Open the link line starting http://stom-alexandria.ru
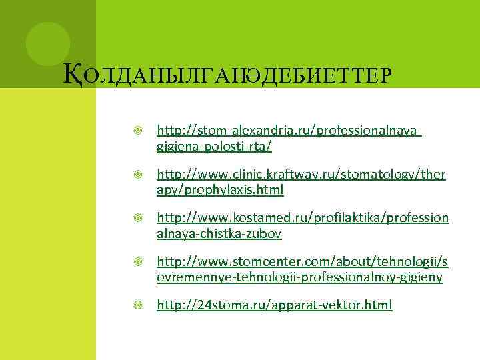(x=289, y=129)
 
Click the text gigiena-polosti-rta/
(x=214, y=145)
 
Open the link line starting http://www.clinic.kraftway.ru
(x=301, y=175)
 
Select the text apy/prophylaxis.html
(x=220, y=190)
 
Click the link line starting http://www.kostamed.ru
(x=303, y=219)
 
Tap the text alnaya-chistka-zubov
(x=219, y=234)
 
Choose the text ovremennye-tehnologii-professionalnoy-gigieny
(x=299, y=277)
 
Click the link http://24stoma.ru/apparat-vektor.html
(x=274, y=306)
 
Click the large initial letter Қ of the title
(x=71, y=74)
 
